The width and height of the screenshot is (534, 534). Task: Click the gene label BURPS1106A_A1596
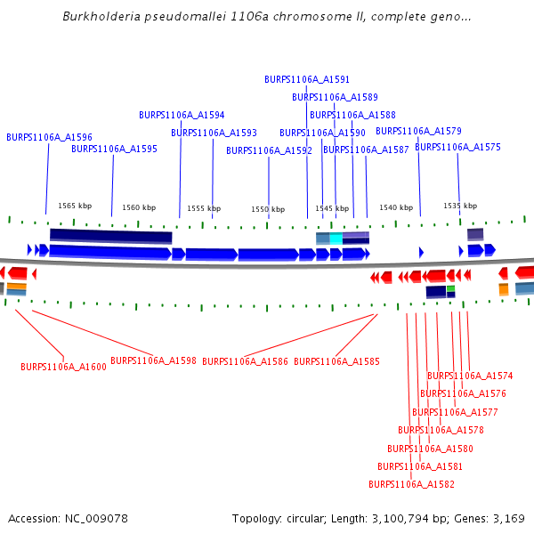[x=49, y=138]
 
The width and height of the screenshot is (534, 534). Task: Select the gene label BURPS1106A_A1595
[x=114, y=150]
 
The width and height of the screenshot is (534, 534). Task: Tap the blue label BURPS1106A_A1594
[x=182, y=116]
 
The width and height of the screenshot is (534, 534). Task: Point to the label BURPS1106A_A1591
[x=307, y=79]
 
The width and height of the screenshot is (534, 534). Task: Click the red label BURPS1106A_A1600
[x=63, y=367]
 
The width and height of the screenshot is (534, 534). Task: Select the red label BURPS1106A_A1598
[x=153, y=361]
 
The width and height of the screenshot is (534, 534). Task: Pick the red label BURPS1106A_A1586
[x=245, y=361]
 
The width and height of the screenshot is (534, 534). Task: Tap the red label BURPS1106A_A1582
[x=411, y=484]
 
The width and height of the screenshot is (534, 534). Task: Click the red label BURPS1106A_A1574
[x=470, y=376]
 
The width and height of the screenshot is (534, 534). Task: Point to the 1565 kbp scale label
[x=75, y=206]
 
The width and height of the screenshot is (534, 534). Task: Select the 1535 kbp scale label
[x=460, y=206]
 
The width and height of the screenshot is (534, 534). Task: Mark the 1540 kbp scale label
[x=396, y=207]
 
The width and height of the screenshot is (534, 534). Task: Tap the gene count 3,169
[x=507, y=518]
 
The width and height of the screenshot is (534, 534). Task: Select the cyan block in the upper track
[x=336, y=239]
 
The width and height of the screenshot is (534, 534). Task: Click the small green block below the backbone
[x=450, y=288]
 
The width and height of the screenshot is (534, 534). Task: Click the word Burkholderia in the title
[x=100, y=17]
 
